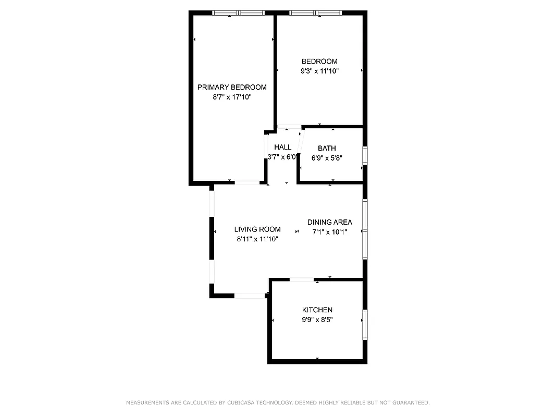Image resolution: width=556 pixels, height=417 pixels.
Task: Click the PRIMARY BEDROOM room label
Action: pyautogui.click(x=232, y=87)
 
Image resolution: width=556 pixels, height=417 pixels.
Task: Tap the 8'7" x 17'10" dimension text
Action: pyautogui.click(x=232, y=97)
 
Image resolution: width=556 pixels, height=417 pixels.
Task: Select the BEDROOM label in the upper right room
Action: pyautogui.click(x=319, y=62)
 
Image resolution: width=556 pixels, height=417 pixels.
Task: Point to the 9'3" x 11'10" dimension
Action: pyautogui.click(x=319, y=71)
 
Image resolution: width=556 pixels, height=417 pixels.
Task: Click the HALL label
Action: pyautogui.click(x=283, y=148)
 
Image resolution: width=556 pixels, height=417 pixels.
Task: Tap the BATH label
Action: pyautogui.click(x=327, y=149)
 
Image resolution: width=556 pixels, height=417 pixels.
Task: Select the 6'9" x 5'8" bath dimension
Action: pyautogui.click(x=327, y=158)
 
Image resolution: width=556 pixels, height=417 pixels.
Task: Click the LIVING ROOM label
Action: pyautogui.click(x=257, y=229)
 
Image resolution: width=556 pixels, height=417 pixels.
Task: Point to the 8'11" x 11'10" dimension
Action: pyautogui.click(x=257, y=239)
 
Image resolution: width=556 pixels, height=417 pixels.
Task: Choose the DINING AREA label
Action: pyautogui.click(x=329, y=223)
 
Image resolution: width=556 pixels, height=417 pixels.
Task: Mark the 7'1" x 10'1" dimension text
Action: pyautogui.click(x=329, y=232)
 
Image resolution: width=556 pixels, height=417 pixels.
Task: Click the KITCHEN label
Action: pyautogui.click(x=317, y=310)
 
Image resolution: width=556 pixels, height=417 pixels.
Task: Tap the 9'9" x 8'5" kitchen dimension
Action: pyautogui.click(x=317, y=320)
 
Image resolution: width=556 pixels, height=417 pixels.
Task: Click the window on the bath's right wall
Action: pyautogui.click(x=365, y=156)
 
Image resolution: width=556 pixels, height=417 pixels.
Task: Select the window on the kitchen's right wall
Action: pyautogui.click(x=365, y=325)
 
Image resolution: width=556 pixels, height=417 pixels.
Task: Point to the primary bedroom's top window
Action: pyautogui.click(x=239, y=13)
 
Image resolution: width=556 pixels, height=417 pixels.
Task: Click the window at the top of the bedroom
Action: pyautogui.click(x=316, y=13)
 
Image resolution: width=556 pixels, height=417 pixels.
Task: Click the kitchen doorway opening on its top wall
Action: pyautogui.click(x=302, y=280)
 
